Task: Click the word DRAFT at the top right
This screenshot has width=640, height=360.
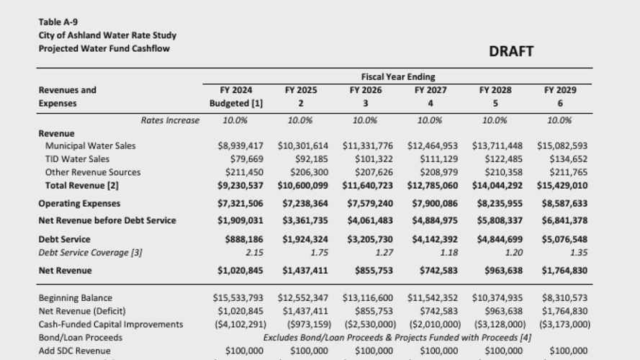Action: click(x=511, y=52)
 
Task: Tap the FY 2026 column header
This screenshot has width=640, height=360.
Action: click(x=365, y=90)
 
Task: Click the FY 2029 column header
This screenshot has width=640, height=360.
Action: click(x=559, y=90)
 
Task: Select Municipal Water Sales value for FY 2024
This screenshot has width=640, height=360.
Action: click(x=240, y=145)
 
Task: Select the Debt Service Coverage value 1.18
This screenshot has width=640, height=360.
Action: click(x=431, y=252)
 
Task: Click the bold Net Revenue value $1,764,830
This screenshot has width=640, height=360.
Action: click(x=564, y=271)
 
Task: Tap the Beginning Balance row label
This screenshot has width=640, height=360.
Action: click(x=76, y=297)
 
